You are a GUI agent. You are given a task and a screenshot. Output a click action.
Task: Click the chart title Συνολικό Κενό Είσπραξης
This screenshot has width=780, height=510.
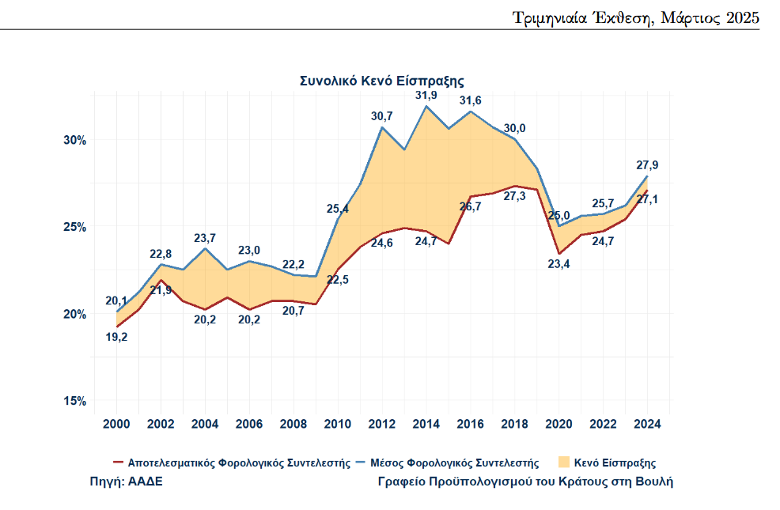381,81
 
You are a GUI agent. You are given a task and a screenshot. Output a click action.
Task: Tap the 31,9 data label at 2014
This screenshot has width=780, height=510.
426,96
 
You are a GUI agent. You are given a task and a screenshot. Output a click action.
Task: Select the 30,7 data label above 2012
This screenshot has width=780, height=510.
382,116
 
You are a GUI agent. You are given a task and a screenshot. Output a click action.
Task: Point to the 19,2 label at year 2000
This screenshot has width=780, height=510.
117,337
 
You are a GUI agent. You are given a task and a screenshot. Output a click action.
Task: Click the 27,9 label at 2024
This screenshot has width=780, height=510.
647,165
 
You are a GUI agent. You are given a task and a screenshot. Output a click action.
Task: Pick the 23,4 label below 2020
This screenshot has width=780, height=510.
559,264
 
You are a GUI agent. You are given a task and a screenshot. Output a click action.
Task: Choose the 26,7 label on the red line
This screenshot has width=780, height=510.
471,207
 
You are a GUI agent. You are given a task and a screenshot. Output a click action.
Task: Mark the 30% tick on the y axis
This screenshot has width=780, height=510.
74,140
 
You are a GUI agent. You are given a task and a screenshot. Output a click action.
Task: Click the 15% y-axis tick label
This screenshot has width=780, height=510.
74,401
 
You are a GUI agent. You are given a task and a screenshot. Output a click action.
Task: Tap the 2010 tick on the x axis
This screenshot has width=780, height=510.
338,423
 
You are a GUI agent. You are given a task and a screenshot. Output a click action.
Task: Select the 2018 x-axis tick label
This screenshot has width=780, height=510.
514,423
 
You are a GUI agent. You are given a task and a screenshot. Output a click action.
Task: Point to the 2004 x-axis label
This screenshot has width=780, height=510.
206,423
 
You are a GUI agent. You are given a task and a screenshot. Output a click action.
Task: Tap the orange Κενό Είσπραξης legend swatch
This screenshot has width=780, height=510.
563,462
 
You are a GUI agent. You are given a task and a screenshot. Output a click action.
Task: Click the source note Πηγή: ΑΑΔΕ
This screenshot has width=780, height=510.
127,481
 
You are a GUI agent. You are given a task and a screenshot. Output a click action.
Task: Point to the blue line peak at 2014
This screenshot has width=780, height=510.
426,106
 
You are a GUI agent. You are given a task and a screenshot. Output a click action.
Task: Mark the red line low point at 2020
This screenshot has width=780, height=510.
559,254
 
